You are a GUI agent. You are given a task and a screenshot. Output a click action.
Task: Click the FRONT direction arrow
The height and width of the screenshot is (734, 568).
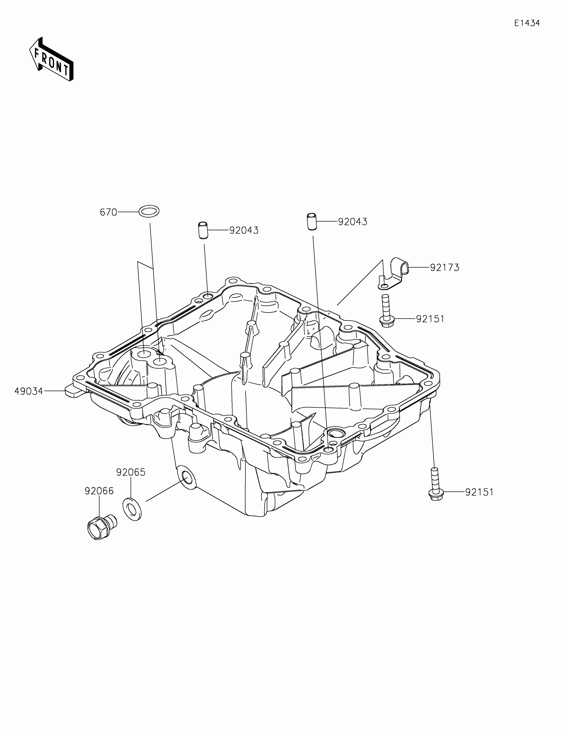pyautogui.click(x=51, y=59)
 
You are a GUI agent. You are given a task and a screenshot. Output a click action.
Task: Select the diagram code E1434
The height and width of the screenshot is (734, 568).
pyautogui.click(x=527, y=23)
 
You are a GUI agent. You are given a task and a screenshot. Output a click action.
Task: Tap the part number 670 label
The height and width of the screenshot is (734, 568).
pyautogui.click(x=108, y=212)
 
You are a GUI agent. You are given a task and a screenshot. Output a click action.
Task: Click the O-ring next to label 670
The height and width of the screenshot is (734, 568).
pyautogui.click(x=149, y=211)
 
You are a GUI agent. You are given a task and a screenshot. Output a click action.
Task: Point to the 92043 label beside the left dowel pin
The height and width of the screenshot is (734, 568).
pyautogui.click(x=244, y=231)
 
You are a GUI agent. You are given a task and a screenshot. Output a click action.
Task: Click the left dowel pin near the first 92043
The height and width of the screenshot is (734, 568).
pyautogui.click(x=202, y=230)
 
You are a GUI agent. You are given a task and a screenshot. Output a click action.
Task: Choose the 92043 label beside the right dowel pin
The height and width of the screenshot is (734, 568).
pyautogui.click(x=352, y=222)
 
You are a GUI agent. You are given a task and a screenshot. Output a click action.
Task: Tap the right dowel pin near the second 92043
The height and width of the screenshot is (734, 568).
pyautogui.click(x=312, y=221)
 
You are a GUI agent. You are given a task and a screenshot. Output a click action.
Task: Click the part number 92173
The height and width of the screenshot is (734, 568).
pyautogui.click(x=444, y=268)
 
